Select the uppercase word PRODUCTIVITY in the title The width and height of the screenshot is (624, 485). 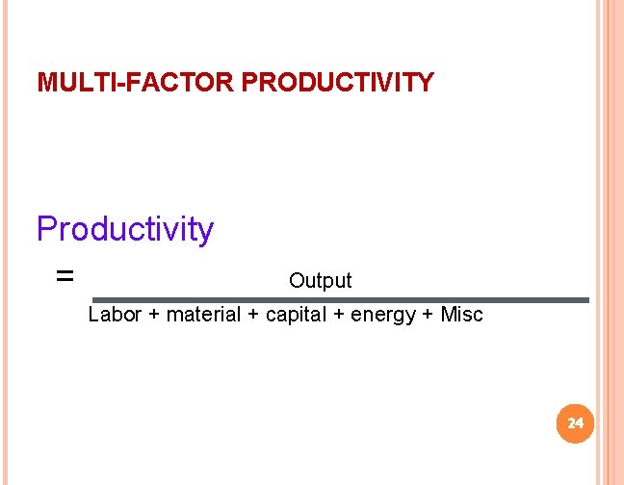(337, 83)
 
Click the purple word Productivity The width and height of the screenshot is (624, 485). (124, 230)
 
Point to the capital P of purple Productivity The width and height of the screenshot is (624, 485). (45, 229)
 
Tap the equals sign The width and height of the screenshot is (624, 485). (65, 276)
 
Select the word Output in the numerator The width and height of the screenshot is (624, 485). (320, 281)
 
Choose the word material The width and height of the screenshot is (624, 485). (203, 315)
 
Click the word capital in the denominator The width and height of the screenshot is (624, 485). (297, 315)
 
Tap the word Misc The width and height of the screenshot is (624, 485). (461, 315)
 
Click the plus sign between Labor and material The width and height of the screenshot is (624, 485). (154, 316)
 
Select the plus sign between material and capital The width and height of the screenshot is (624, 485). (252, 316)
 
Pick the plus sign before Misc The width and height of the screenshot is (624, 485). (429, 316)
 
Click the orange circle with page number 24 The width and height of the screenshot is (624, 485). (575, 423)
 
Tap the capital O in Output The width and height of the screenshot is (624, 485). (296, 281)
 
